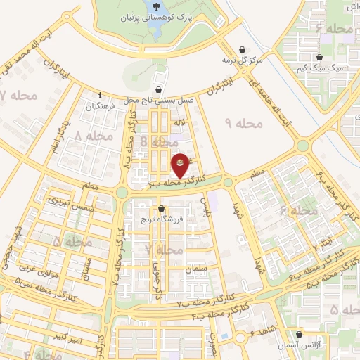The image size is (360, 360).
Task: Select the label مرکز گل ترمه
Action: pyautogui.click(x=242, y=60)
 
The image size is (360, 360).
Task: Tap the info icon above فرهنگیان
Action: pyautogui.click(x=101, y=96)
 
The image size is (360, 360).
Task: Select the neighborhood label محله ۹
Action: pyautogui.click(x=243, y=124)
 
